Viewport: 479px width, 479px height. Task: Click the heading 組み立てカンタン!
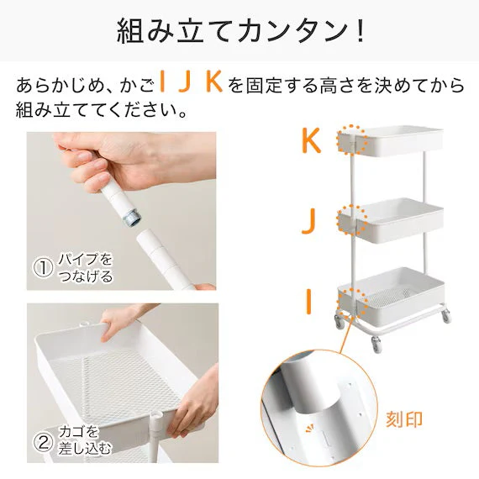(239, 31)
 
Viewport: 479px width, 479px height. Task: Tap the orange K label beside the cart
(311, 140)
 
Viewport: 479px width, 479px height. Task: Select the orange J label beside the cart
(309, 220)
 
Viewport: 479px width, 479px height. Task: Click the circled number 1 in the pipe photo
(43, 267)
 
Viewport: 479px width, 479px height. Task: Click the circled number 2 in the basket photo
(43, 440)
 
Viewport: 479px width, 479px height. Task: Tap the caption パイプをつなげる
(84, 267)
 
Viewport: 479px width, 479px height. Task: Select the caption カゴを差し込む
(84, 440)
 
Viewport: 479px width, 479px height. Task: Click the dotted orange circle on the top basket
(351, 140)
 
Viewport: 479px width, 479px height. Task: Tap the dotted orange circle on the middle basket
(351, 220)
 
